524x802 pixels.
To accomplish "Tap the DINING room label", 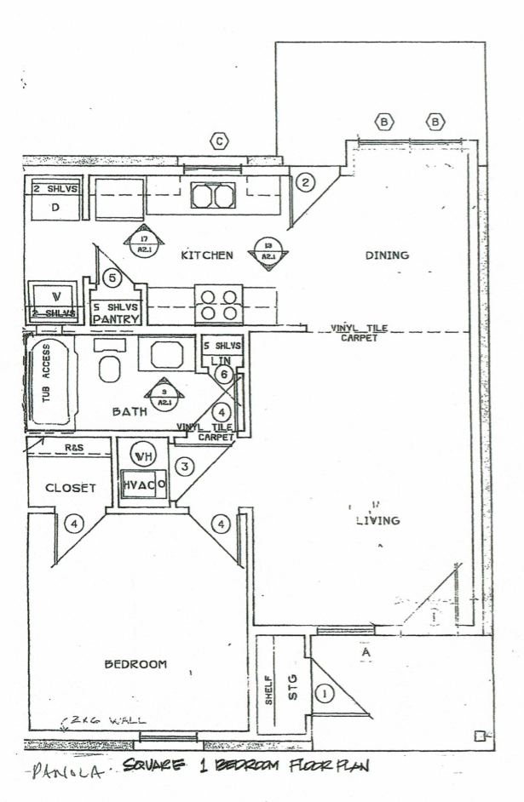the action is pyautogui.click(x=388, y=255).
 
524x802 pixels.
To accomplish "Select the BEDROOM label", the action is pyautogui.click(x=135, y=664).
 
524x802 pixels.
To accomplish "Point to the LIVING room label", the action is pyautogui.click(x=378, y=521).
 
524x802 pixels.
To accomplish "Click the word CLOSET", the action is pyautogui.click(x=70, y=488).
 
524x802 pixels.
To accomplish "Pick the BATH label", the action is pyautogui.click(x=130, y=411).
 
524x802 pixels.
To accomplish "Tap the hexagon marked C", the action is pyautogui.click(x=220, y=141).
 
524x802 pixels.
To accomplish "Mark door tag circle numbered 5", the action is pyautogui.click(x=112, y=278).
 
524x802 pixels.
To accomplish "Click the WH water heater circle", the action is pyautogui.click(x=139, y=454).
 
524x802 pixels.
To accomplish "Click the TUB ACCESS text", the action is pyautogui.click(x=48, y=382).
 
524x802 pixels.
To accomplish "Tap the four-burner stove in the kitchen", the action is pyautogui.click(x=218, y=304).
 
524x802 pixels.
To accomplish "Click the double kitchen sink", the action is pyautogui.click(x=212, y=197).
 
